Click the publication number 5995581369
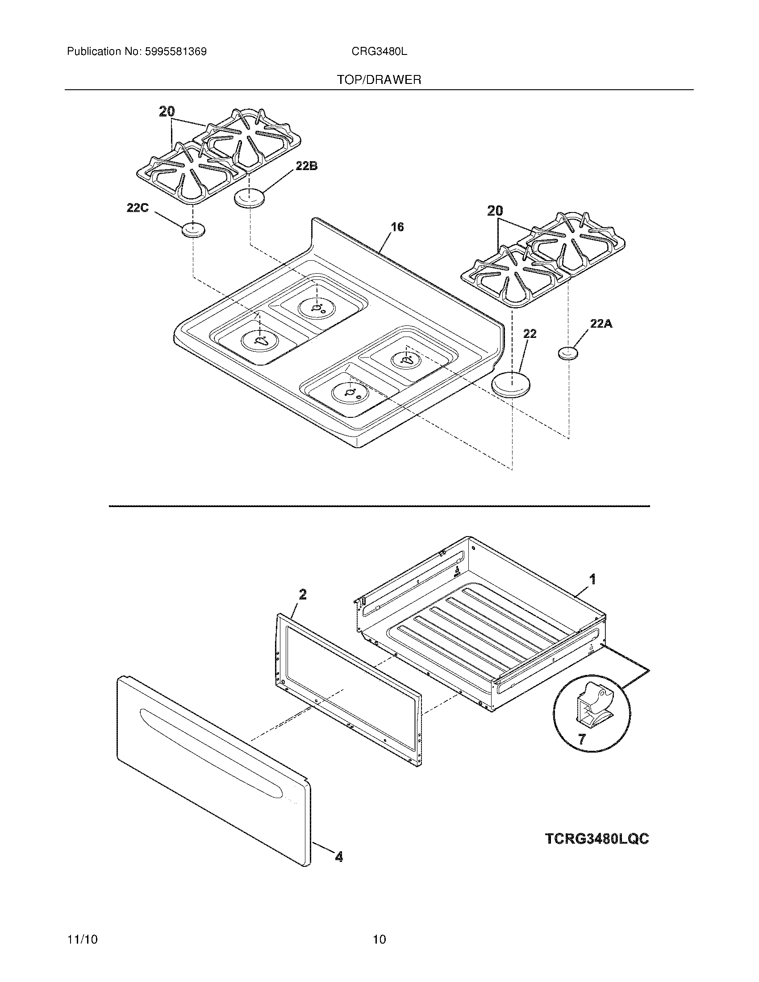click(x=175, y=52)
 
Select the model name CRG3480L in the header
click(x=379, y=52)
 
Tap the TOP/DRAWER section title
click(x=379, y=80)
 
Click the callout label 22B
click(x=306, y=166)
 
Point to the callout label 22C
click(x=138, y=208)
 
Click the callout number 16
click(x=397, y=227)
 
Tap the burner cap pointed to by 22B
click(x=249, y=198)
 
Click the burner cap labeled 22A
click(x=568, y=354)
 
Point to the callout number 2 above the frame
click(x=303, y=595)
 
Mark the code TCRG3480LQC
click(x=596, y=826)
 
